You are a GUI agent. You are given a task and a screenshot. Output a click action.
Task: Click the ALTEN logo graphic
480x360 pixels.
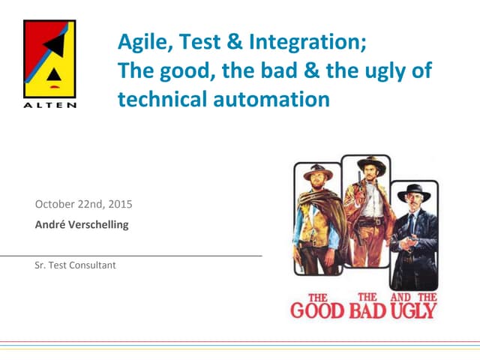[x=49, y=58]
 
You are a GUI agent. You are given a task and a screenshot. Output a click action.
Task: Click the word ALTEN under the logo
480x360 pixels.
[x=49, y=105]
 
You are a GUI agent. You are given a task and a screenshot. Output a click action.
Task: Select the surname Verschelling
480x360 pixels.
[x=100, y=224]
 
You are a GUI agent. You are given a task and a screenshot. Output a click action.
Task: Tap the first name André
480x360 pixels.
[x=50, y=224]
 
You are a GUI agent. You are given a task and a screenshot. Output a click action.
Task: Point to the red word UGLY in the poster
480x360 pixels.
[x=415, y=309]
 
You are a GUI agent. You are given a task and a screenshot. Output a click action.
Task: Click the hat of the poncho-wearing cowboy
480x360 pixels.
[x=318, y=172]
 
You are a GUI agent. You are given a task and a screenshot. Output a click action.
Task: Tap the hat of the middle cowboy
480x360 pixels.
[x=370, y=163]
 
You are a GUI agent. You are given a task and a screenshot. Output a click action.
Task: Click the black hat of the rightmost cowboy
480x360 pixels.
[x=414, y=188]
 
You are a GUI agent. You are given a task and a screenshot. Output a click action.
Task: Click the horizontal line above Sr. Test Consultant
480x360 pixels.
[x=131, y=256]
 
